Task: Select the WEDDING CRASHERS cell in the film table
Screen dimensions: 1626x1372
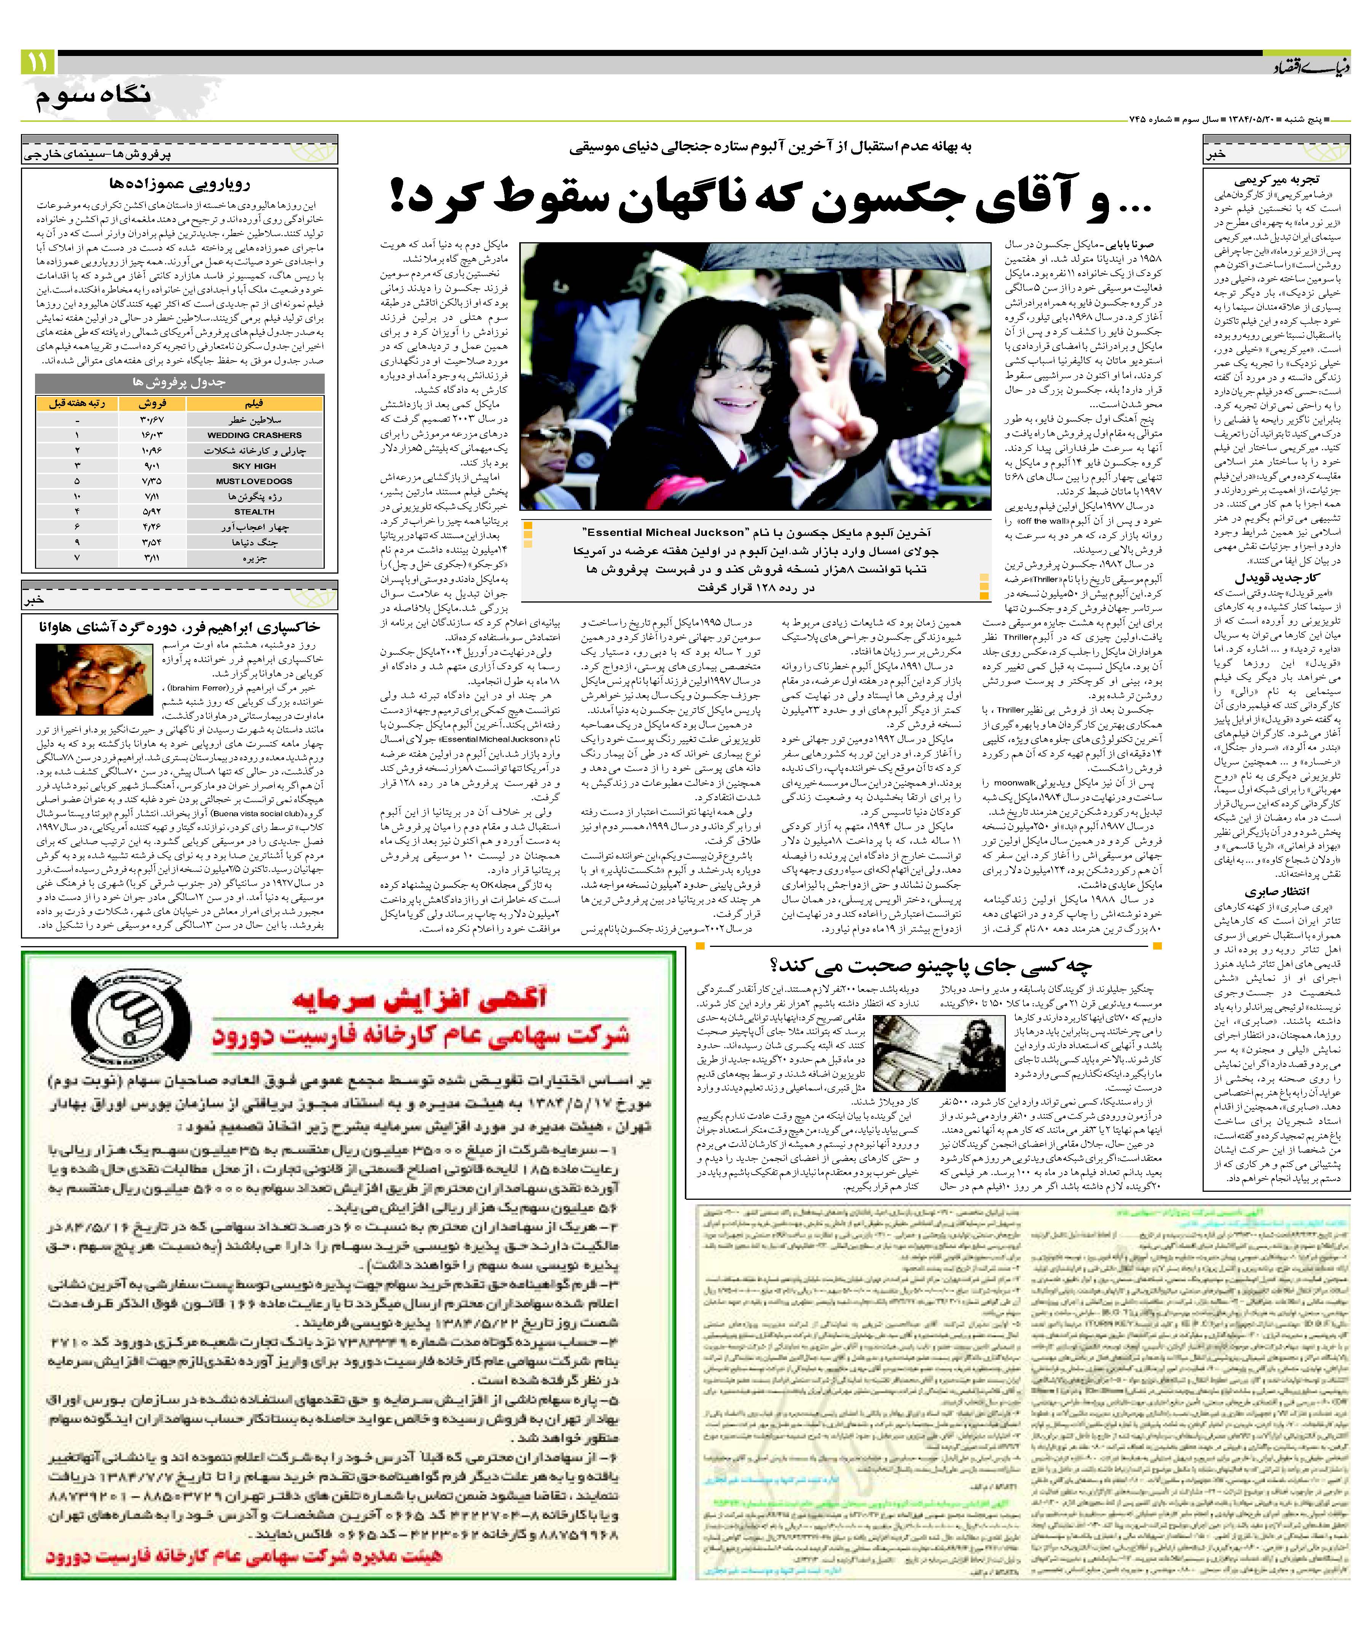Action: pos(254,435)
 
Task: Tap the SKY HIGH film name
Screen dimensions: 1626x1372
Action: pos(254,465)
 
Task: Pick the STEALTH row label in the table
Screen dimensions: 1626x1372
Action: pos(254,511)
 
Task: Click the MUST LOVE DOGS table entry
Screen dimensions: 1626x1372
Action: pos(254,481)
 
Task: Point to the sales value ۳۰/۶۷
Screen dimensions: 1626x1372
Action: pos(152,419)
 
